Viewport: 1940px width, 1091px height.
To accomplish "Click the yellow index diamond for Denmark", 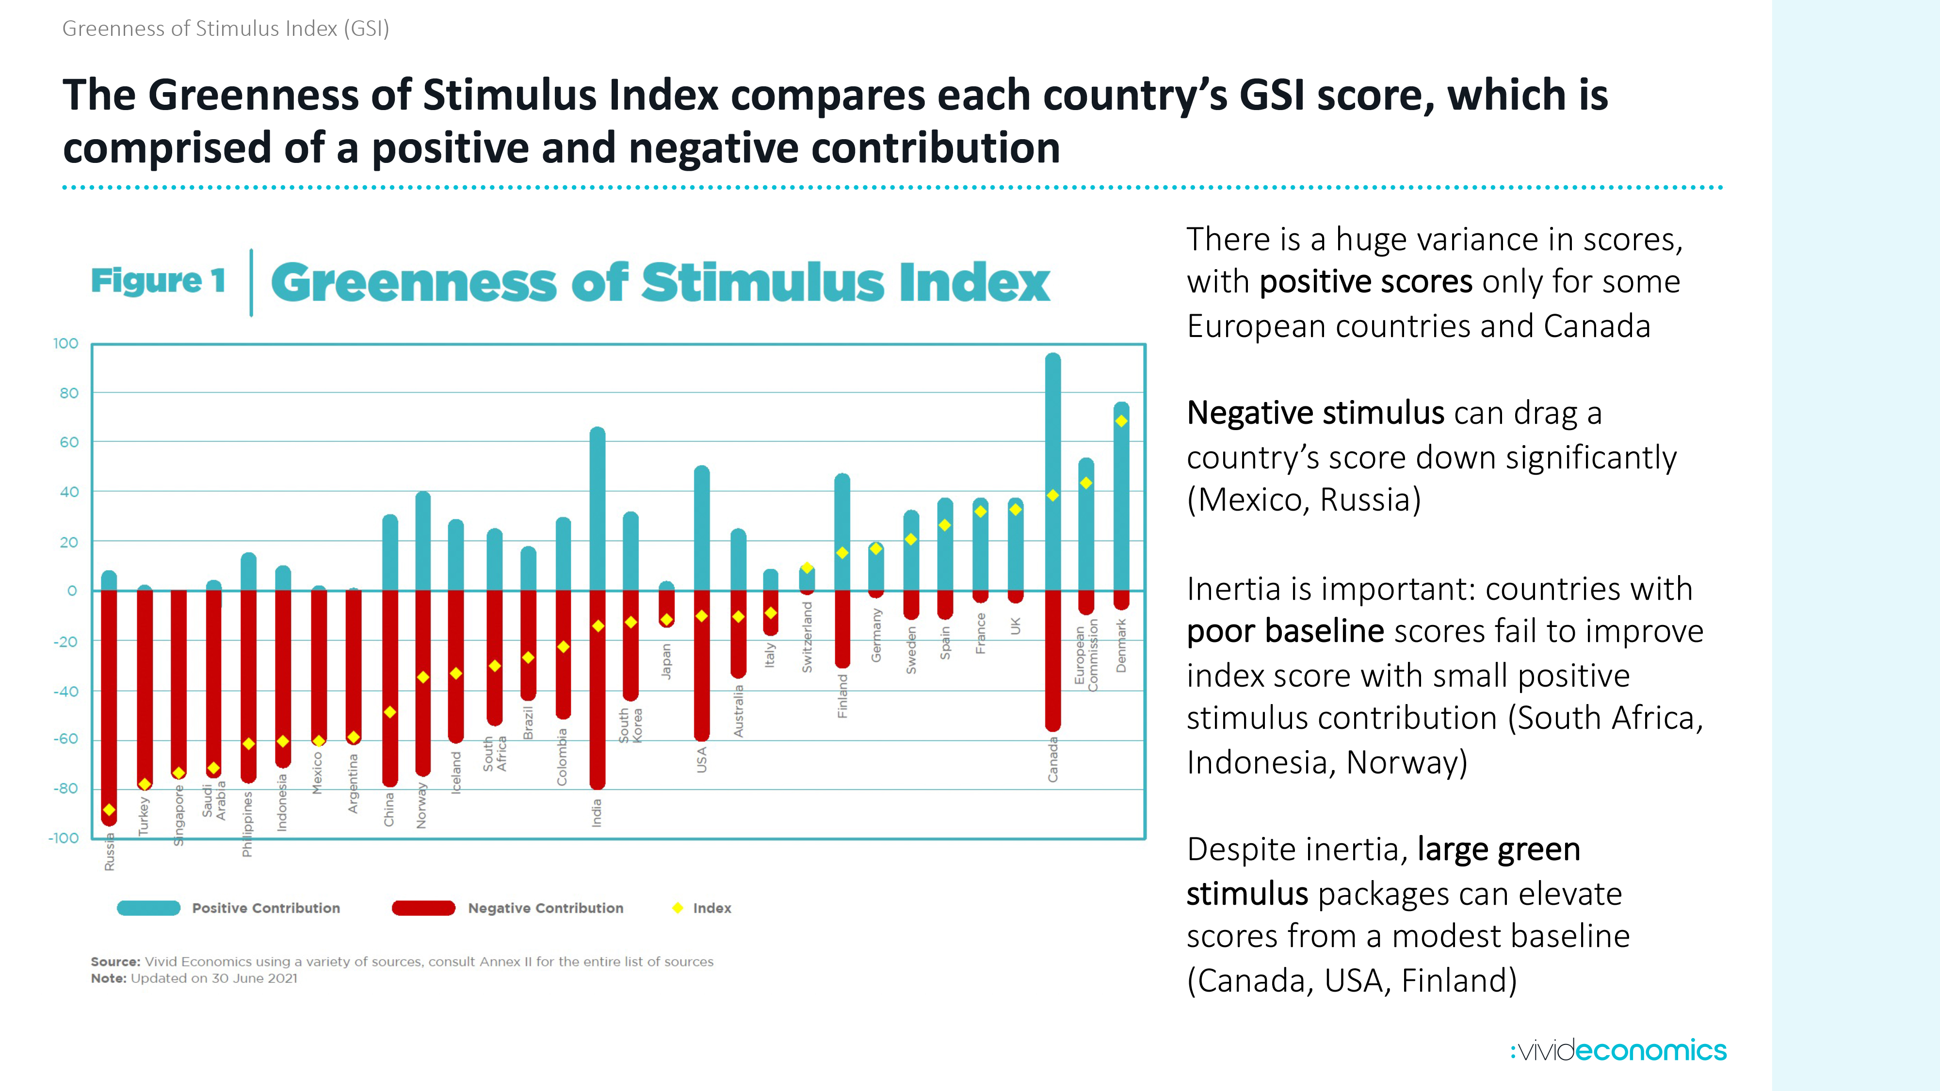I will pos(1121,421).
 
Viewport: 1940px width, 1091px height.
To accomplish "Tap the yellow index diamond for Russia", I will pos(109,809).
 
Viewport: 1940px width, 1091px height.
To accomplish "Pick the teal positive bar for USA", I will pos(701,527).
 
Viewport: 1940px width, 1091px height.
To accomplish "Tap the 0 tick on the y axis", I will pos(72,591).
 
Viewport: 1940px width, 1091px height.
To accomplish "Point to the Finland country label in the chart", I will pos(843,696).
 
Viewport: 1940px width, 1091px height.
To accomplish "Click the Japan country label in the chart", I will pos(666,661).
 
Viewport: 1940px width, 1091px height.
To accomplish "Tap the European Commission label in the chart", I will pos(1086,654).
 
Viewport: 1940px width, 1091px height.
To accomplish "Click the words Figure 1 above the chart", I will pos(158,281).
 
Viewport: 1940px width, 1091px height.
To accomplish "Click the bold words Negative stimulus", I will pos(1315,413).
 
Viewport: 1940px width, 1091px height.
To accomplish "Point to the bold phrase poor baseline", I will pos(1285,631).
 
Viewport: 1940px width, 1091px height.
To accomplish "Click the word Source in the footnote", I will pos(115,962).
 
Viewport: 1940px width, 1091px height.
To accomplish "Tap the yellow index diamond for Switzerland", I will pos(807,568).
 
